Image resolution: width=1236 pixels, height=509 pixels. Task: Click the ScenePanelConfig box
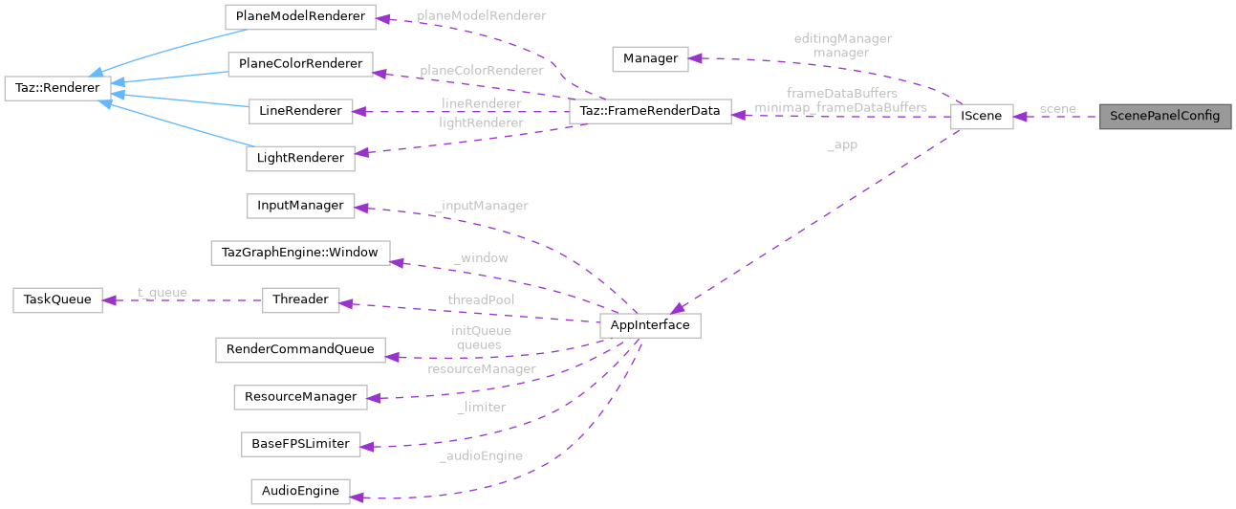1164,117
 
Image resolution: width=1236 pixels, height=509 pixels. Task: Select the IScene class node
981,117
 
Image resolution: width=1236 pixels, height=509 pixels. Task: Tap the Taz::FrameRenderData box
650,111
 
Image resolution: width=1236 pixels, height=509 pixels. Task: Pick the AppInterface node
650,325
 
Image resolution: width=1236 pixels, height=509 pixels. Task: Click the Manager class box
650,59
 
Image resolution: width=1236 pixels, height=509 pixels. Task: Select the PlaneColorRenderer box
299,65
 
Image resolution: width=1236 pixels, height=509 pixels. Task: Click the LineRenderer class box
299,111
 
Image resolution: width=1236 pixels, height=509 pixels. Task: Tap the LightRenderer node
299,158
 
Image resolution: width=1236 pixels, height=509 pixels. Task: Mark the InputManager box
299,206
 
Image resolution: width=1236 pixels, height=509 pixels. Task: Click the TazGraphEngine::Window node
299,254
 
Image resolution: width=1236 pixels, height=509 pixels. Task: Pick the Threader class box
299,299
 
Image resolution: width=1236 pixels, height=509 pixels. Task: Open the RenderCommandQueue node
299,349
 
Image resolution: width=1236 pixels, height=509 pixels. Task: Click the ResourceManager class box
299,396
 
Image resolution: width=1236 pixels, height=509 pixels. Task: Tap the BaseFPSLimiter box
299,444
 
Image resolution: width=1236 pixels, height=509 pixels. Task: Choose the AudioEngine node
299,492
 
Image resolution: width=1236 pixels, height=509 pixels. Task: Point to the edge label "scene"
1057,109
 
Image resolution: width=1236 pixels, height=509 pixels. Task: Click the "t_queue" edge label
162,293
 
